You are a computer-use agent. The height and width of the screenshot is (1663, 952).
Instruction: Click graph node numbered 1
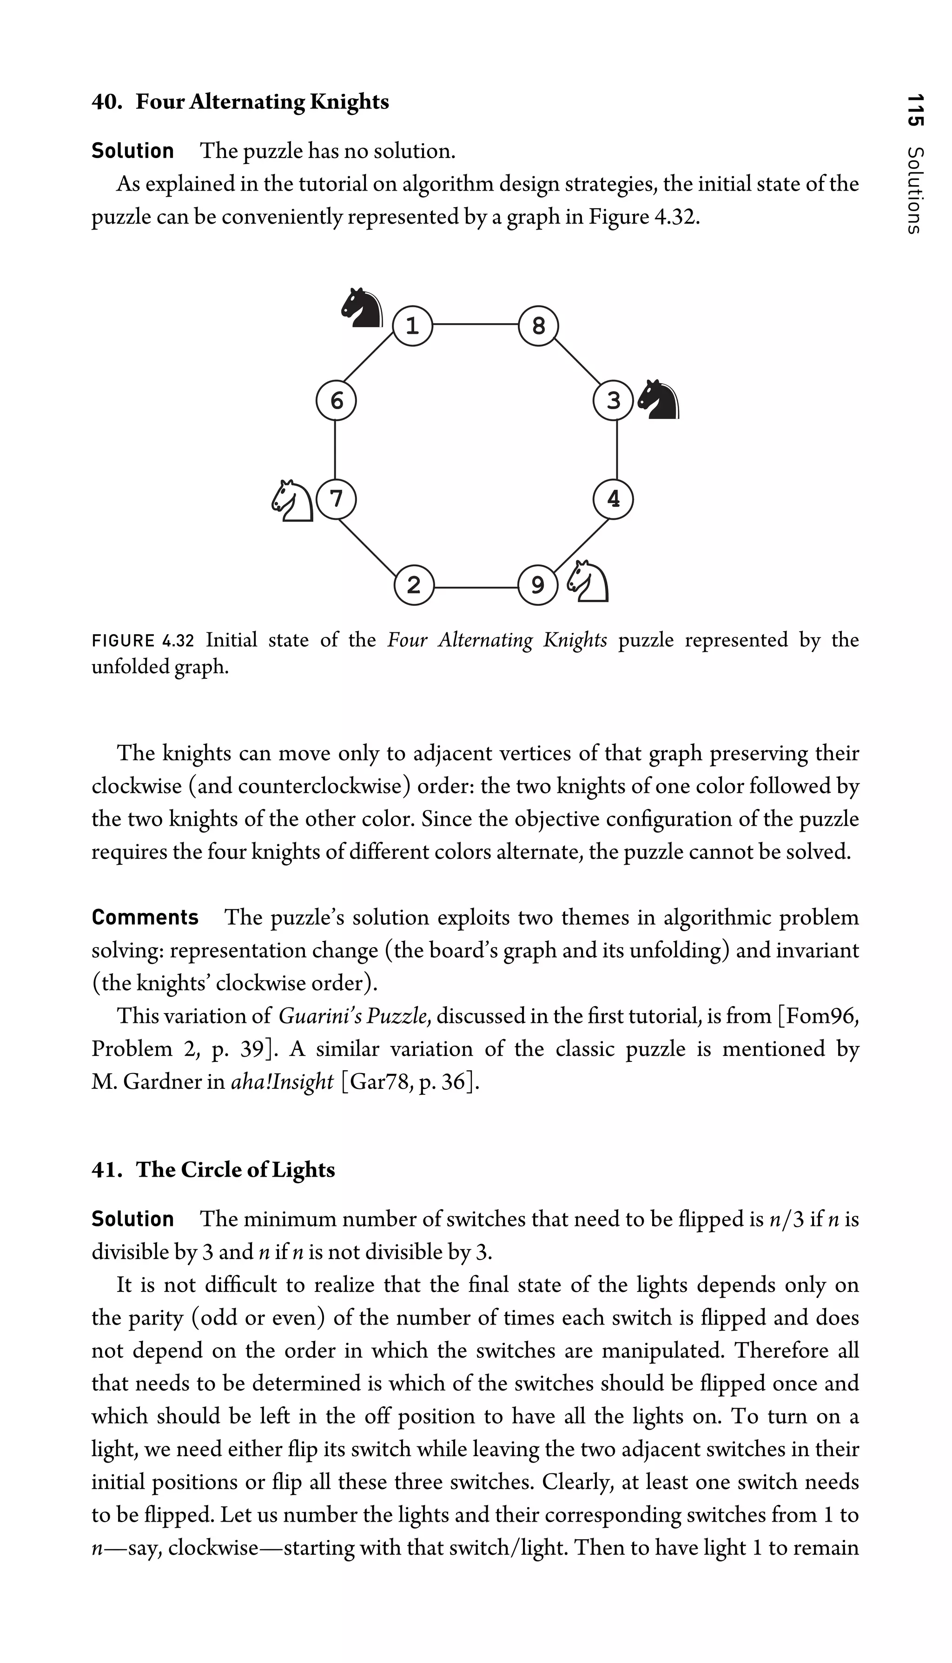point(413,325)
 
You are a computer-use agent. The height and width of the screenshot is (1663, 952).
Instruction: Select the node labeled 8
point(538,325)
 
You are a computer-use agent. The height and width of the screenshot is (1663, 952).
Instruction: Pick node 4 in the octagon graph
point(613,499)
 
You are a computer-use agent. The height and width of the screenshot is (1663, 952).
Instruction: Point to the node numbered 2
point(414,585)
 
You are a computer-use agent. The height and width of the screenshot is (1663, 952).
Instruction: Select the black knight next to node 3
point(659,399)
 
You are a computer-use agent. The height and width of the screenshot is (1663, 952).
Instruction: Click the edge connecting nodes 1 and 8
point(476,324)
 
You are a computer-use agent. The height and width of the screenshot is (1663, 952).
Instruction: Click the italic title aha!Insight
point(283,1082)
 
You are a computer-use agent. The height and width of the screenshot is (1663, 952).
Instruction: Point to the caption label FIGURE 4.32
point(143,640)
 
